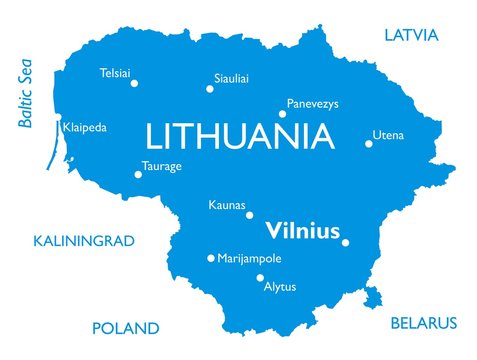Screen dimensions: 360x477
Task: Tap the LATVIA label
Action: click(x=411, y=36)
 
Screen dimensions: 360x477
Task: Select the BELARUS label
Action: click(x=422, y=323)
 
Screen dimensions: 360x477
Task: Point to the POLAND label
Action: click(x=125, y=328)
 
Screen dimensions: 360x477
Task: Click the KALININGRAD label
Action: click(x=84, y=241)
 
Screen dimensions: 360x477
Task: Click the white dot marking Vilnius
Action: click(x=346, y=242)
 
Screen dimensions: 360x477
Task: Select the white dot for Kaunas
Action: click(x=250, y=215)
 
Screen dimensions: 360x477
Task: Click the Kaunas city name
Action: click(x=226, y=205)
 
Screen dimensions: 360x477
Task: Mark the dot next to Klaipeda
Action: click(x=58, y=128)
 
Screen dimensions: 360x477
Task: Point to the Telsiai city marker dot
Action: click(x=134, y=83)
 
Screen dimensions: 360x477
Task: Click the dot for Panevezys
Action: click(x=282, y=114)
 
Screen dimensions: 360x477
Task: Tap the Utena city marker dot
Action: click(x=369, y=143)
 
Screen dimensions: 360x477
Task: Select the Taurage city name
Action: click(x=162, y=166)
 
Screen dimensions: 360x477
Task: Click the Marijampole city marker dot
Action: click(x=210, y=258)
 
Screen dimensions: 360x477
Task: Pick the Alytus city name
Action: click(x=279, y=287)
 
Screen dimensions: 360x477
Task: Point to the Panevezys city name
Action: click(x=312, y=103)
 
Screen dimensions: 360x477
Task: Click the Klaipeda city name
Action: click(x=84, y=128)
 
